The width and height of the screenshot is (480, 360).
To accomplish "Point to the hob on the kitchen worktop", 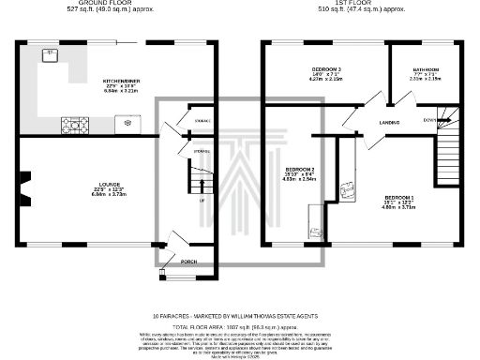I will [x=72, y=122].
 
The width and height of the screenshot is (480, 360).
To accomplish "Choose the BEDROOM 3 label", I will [x=325, y=70].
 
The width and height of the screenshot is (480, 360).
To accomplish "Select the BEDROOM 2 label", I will [x=298, y=169].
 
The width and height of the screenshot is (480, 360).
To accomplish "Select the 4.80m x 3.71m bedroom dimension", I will [x=397, y=206].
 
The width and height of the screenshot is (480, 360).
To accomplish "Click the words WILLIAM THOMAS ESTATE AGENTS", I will [x=284, y=315].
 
